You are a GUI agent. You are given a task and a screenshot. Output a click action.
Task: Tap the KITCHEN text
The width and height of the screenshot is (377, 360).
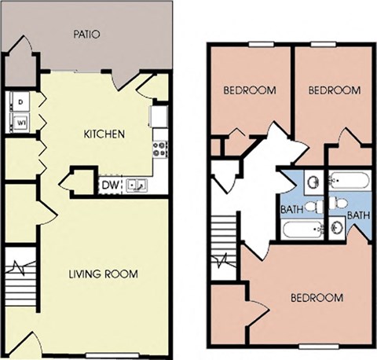point(104,134)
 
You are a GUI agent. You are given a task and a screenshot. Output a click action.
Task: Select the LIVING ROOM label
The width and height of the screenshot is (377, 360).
point(103,274)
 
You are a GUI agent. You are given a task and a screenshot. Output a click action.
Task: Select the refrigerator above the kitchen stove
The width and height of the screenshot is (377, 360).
point(159,116)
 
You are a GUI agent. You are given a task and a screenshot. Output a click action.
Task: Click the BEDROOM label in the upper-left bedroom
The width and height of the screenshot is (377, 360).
point(250,90)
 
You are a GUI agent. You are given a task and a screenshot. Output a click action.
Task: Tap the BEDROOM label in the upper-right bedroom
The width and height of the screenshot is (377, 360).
point(333,90)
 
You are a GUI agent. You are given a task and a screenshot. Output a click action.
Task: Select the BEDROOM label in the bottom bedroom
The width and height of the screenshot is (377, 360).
point(317,298)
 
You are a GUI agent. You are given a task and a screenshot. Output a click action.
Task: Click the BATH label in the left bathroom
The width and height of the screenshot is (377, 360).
point(292,210)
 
